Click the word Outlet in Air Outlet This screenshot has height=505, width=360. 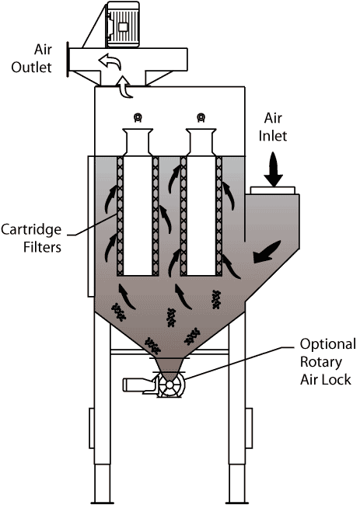pyautogui.click(x=31, y=68)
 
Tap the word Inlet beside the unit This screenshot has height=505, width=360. pyautogui.click(x=273, y=136)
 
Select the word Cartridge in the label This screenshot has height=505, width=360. pyautogui.click(x=31, y=231)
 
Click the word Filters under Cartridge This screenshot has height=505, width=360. pyautogui.click(x=42, y=247)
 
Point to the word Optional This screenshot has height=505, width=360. pyautogui.click(x=328, y=345)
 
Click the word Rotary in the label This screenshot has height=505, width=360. pyautogui.click(x=321, y=363)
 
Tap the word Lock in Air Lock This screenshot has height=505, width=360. pyautogui.click(x=338, y=380)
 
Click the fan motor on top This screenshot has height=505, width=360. pyautogui.click(x=123, y=25)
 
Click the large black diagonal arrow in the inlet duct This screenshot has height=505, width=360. pyautogui.click(x=267, y=251)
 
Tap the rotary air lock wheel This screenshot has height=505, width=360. pyautogui.click(x=170, y=385)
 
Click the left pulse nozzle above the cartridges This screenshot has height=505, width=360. pyautogui.click(x=138, y=117)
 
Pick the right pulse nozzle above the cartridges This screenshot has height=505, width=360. pyautogui.click(x=201, y=117)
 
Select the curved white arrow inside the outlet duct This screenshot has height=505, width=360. pyautogui.click(x=110, y=61)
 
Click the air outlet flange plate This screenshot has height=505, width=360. pyautogui.click(x=68, y=59)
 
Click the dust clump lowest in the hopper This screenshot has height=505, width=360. pyautogui.click(x=152, y=346)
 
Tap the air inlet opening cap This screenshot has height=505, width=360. pyautogui.click(x=273, y=190)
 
